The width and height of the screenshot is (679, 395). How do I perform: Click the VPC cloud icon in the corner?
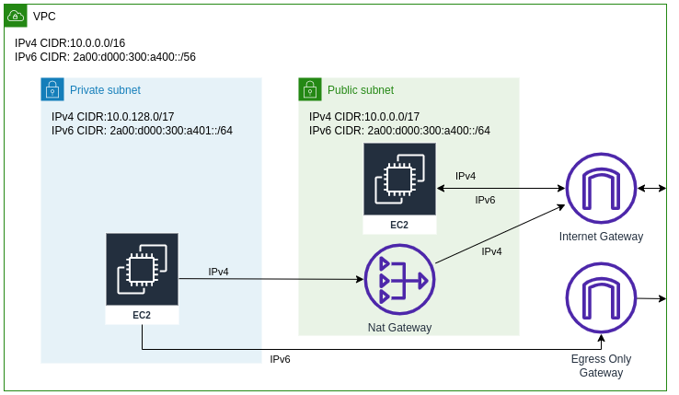pyautogui.click(x=15, y=16)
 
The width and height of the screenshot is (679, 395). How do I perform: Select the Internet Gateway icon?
pyautogui.click(x=601, y=189)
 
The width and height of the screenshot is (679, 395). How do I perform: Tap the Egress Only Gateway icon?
pyautogui.click(x=601, y=298)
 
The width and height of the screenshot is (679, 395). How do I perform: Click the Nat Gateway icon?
pyautogui.click(x=399, y=279)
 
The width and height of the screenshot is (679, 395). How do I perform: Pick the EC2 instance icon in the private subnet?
pyautogui.click(x=142, y=270)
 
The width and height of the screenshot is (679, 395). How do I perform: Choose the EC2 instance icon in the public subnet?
pyautogui.click(x=399, y=180)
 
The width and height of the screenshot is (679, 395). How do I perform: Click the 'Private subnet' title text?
pyautogui.click(x=105, y=90)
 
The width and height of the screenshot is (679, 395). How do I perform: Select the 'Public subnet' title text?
pyautogui.click(x=361, y=90)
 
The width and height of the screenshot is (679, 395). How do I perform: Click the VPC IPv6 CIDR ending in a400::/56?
pyautogui.click(x=105, y=57)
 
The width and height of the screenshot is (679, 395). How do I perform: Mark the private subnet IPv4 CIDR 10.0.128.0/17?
pyautogui.click(x=113, y=117)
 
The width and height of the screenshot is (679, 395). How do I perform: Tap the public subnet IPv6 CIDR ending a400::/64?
pyautogui.click(x=399, y=131)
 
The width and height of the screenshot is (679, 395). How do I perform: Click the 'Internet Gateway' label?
pyautogui.click(x=601, y=237)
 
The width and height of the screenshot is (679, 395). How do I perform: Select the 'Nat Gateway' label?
pyautogui.click(x=399, y=328)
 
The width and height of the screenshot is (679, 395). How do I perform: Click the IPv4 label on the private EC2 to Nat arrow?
pyautogui.click(x=218, y=272)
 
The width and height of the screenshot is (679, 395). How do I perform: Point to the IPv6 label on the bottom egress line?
pyautogui.click(x=280, y=359)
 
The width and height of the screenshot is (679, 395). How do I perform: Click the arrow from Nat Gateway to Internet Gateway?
pyautogui.click(x=500, y=235)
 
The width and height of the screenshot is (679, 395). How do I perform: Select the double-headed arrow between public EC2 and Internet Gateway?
pyautogui.click(x=501, y=189)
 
